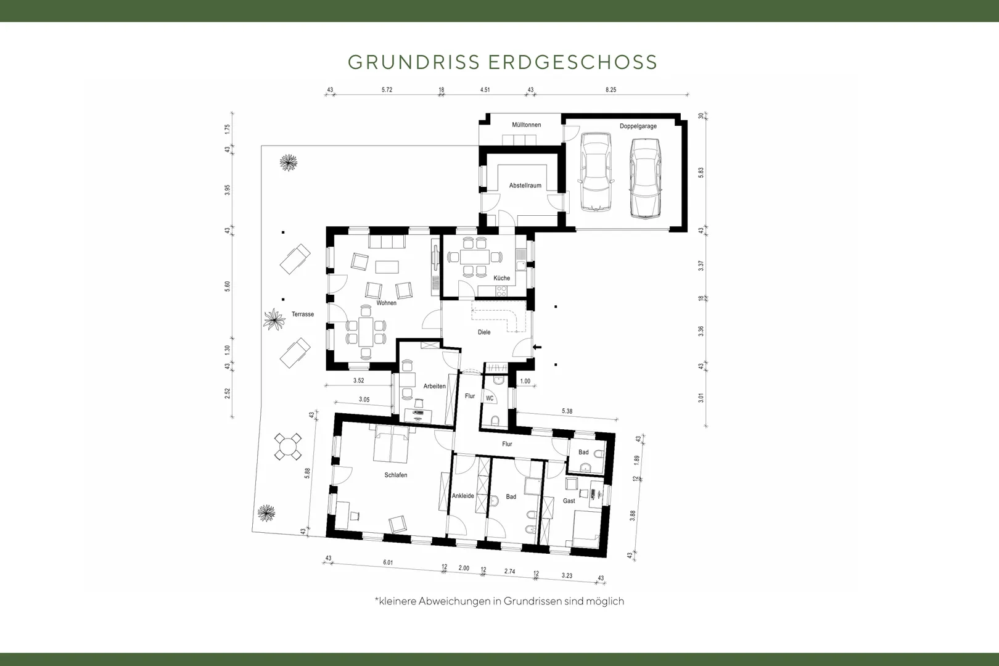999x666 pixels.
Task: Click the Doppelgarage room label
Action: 638,126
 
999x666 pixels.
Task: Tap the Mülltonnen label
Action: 526,125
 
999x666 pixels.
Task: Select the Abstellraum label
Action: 525,186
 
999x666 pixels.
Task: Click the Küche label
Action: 501,278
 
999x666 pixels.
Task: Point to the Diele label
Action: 484,332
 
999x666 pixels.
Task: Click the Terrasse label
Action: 302,314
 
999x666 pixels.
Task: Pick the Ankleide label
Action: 463,496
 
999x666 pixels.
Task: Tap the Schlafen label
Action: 395,475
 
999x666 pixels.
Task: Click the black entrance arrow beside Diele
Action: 537,347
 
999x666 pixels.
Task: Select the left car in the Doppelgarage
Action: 596,171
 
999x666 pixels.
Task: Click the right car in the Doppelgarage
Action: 645,178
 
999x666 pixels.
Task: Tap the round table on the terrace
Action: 287,446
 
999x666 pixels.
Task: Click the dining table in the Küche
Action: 475,257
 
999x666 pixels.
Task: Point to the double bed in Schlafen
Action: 391,443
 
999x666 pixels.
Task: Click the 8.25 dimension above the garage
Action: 610,89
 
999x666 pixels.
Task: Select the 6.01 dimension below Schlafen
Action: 388,562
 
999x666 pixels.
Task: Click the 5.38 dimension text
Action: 567,411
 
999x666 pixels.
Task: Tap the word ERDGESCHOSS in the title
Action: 573,62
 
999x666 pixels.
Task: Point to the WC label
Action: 490,398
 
